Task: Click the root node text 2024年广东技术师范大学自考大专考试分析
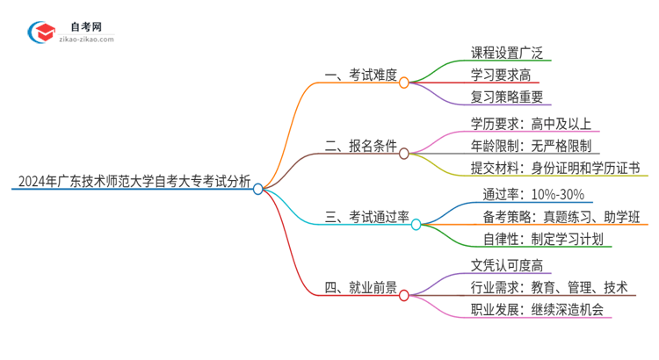132,183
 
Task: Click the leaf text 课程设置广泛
498,52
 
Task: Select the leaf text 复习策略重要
498,98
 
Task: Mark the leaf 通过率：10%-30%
527,194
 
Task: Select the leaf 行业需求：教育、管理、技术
549,287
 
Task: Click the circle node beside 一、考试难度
404,83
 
